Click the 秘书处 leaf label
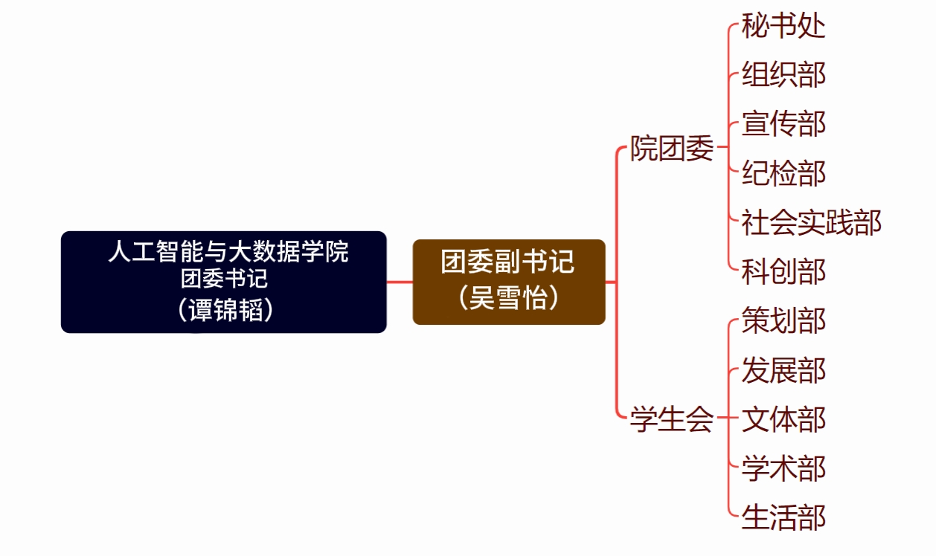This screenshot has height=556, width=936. click(783, 26)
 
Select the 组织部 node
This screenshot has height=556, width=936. click(783, 75)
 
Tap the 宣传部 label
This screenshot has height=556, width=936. click(783, 124)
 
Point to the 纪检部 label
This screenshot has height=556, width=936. click(783, 173)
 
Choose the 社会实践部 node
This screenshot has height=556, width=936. click(811, 222)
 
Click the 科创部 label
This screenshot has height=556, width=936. click(783, 271)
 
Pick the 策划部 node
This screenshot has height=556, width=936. click(783, 320)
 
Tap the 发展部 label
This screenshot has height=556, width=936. click(783, 369)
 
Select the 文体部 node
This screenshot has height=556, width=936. click(783, 419)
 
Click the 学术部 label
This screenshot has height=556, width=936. click(783, 468)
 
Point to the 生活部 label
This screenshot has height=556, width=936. click(783, 517)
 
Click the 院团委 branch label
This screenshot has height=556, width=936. click(672, 149)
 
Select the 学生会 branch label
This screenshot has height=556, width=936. click(672, 419)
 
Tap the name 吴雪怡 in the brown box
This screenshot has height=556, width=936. click(509, 297)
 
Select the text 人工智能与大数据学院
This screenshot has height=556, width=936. click(228, 251)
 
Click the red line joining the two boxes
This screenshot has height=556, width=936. click(400, 282)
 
